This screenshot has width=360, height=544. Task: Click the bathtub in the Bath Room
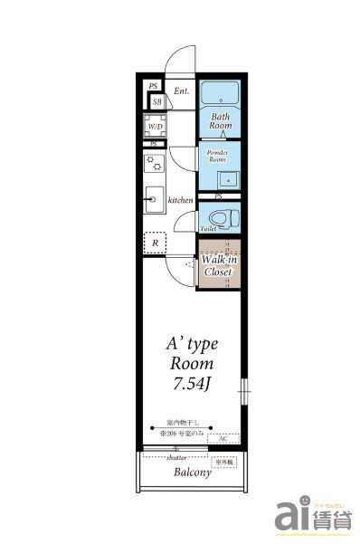click(x=220, y=93)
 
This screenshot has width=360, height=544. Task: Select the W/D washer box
click(x=153, y=126)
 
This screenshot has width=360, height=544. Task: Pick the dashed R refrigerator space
click(x=155, y=243)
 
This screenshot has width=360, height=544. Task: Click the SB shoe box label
click(x=156, y=101)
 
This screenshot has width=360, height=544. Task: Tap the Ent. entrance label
click(x=181, y=91)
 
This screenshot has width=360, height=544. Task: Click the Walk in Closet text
click(x=219, y=265)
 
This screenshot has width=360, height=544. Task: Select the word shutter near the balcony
click(x=175, y=458)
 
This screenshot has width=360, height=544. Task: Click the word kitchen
click(x=181, y=199)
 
